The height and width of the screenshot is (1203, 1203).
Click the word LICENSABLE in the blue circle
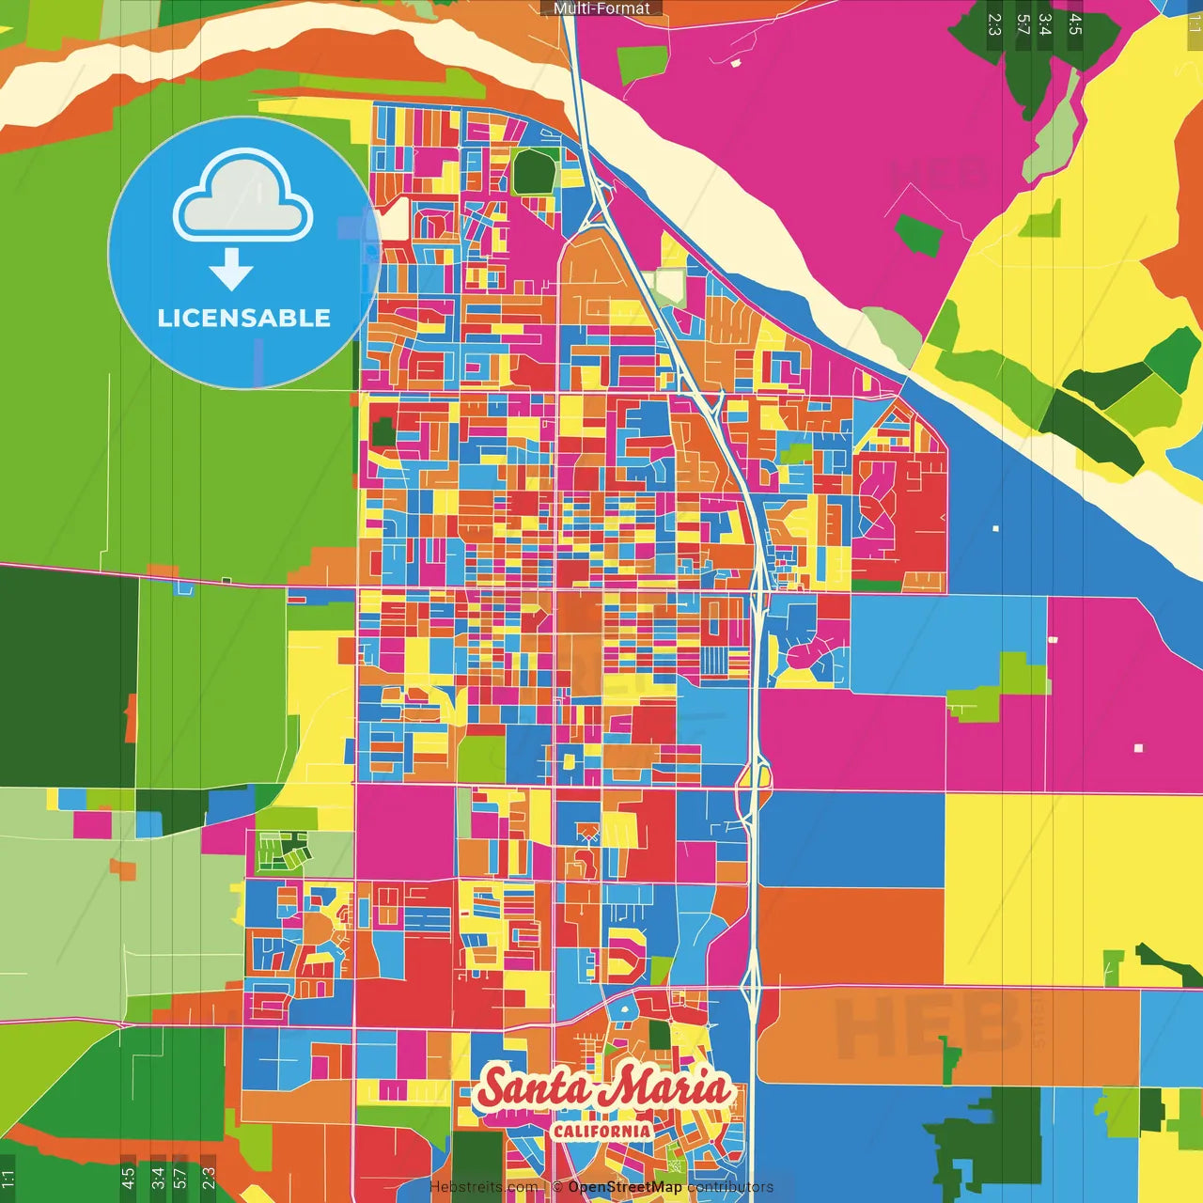click(243, 318)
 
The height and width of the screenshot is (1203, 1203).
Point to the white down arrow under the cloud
click(231, 270)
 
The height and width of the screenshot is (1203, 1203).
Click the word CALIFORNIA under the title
click(601, 1131)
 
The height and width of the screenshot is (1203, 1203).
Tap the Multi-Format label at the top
click(601, 8)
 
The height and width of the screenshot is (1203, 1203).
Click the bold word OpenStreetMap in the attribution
click(624, 1187)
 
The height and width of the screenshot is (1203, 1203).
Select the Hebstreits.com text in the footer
click(484, 1187)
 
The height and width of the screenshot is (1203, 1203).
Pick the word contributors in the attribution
click(730, 1187)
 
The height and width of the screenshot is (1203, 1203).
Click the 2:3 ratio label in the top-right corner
click(994, 24)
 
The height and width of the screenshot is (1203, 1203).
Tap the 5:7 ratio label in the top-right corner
click(1022, 24)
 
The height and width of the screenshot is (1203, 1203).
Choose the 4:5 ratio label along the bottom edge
click(128, 1178)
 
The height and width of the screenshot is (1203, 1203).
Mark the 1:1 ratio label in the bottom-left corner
click(8, 1178)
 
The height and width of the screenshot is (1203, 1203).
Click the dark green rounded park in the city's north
click(535, 171)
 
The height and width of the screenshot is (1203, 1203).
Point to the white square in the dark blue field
click(995, 528)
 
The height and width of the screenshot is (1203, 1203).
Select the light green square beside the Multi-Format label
click(642, 65)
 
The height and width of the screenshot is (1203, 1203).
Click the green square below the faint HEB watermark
click(918, 236)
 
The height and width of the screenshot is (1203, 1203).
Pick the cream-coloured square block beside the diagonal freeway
click(670, 286)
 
